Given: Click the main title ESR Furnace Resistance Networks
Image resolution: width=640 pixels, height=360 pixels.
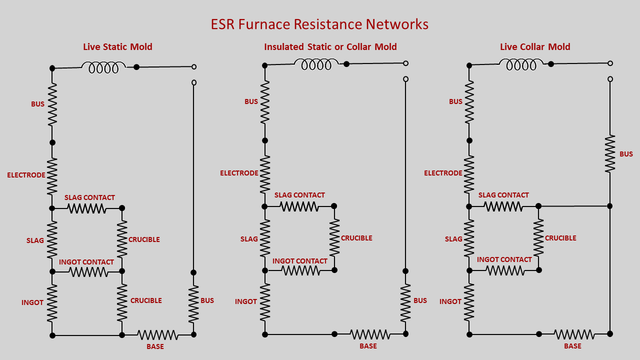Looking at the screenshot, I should (319, 24).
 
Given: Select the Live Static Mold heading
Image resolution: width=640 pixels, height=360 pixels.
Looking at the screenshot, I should (117, 47).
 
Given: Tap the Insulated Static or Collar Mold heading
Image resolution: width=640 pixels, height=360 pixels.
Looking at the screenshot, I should (330, 47).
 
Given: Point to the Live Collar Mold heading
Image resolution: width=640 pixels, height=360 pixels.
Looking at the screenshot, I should (535, 47).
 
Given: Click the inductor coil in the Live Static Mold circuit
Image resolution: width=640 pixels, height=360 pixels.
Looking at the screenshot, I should (103, 67).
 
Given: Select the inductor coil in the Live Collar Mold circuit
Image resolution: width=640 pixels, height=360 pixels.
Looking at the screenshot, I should (521, 64).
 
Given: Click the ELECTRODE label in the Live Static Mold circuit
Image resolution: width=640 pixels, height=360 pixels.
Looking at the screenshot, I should (26, 175).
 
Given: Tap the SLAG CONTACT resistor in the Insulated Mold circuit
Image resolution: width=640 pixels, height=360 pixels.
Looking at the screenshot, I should (299, 206).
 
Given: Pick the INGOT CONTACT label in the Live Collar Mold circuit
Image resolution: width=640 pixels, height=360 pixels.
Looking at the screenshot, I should (504, 259).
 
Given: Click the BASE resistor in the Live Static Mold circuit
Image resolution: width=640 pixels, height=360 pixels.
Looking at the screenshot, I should (157, 334).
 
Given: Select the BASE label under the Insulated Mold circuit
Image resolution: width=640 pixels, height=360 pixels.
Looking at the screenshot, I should (368, 346).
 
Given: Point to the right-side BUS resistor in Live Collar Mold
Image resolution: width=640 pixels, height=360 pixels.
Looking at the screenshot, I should (609, 154).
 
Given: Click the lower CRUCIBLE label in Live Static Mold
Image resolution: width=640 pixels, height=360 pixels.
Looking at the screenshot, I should (146, 300).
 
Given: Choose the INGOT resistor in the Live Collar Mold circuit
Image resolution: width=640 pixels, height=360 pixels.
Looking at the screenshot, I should (468, 302).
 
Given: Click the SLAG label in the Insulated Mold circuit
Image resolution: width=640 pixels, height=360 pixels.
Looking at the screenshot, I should (249, 239).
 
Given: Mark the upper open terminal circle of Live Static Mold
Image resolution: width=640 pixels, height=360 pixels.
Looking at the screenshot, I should (194, 66).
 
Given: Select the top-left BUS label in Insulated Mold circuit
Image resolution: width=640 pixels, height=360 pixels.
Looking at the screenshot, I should (251, 101).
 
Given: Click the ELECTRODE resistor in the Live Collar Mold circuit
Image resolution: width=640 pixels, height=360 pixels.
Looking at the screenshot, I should (468, 174).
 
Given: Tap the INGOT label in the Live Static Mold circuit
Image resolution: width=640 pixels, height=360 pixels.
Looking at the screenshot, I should (32, 302).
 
